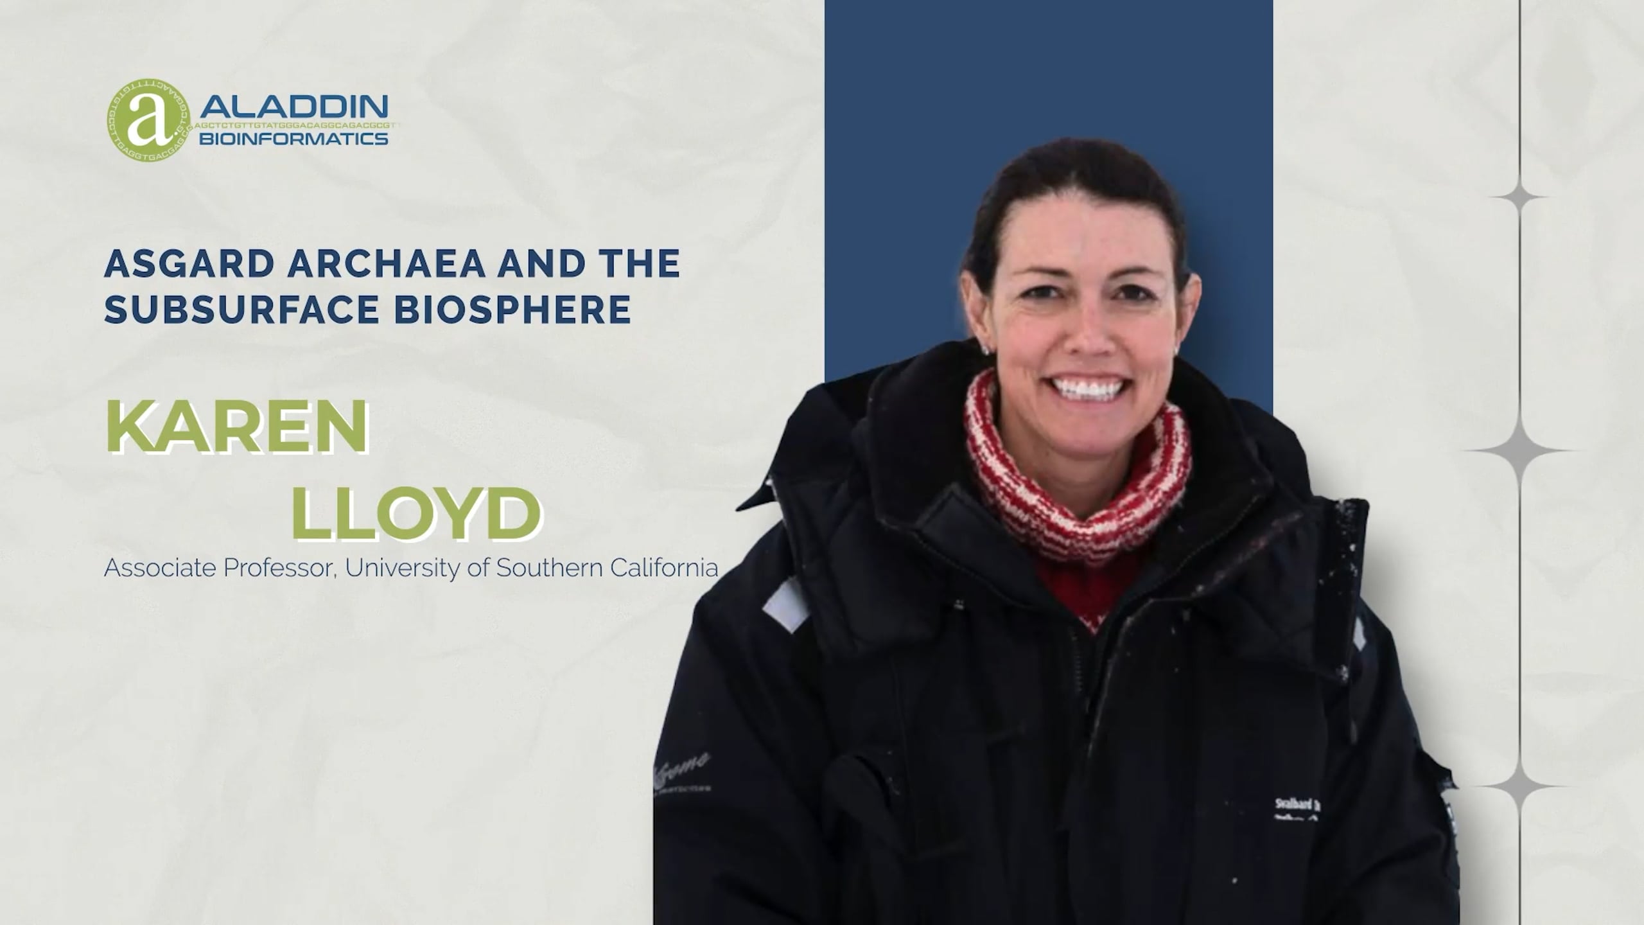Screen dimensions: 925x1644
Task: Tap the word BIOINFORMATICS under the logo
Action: pos(293,139)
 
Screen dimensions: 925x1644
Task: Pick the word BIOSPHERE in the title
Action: pos(512,310)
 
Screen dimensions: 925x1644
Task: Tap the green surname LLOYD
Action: pos(416,514)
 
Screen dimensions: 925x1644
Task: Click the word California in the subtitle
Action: pos(664,568)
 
